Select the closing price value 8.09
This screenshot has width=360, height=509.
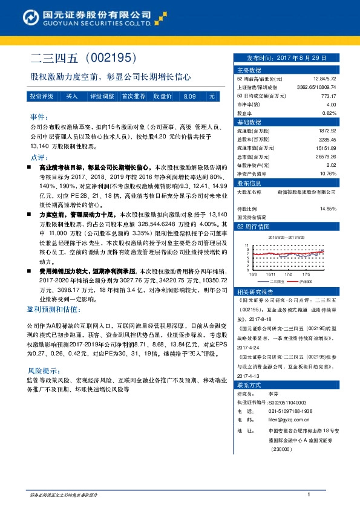(189, 96)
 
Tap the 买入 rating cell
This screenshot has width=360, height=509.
(72, 96)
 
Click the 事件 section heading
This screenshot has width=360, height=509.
(38, 117)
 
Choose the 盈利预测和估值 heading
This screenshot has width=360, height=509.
(53, 309)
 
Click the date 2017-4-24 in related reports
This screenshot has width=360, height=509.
(250, 348)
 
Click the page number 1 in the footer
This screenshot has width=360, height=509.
(309, 495)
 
